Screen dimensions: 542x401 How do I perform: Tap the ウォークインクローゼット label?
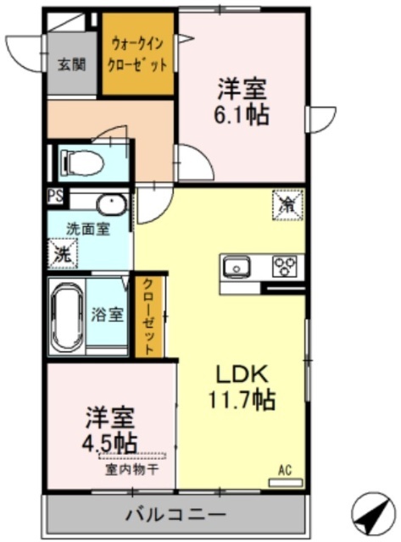point(138,54)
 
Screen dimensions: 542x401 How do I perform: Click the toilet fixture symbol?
point(81,160)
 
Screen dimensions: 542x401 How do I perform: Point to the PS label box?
point(54,198)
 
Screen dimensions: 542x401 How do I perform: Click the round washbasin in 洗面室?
point(110,205)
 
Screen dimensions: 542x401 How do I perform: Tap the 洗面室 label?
point(88,230)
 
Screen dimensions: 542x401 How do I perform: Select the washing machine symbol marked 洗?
point(63,252)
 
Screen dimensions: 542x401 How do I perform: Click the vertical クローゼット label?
point(148,316)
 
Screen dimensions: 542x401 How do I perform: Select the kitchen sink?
point(237,266)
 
